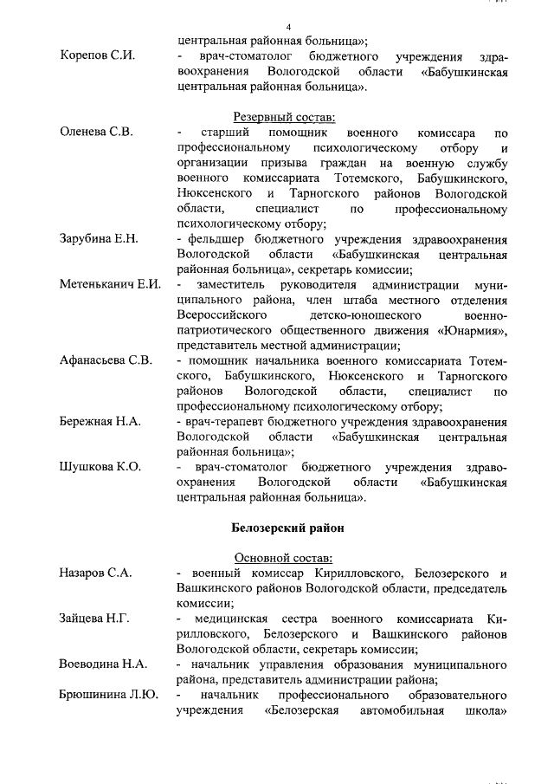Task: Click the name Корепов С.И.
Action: click(97, 55)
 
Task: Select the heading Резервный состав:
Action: click(284, 117)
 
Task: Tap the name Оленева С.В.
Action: click(96, 133)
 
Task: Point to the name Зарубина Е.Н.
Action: click(98, 238)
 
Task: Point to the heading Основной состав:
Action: click(284, 558)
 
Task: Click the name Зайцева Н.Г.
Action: click(94, 619)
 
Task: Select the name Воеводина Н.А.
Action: click(102, 664)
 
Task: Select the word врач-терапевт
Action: click(216, 421)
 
